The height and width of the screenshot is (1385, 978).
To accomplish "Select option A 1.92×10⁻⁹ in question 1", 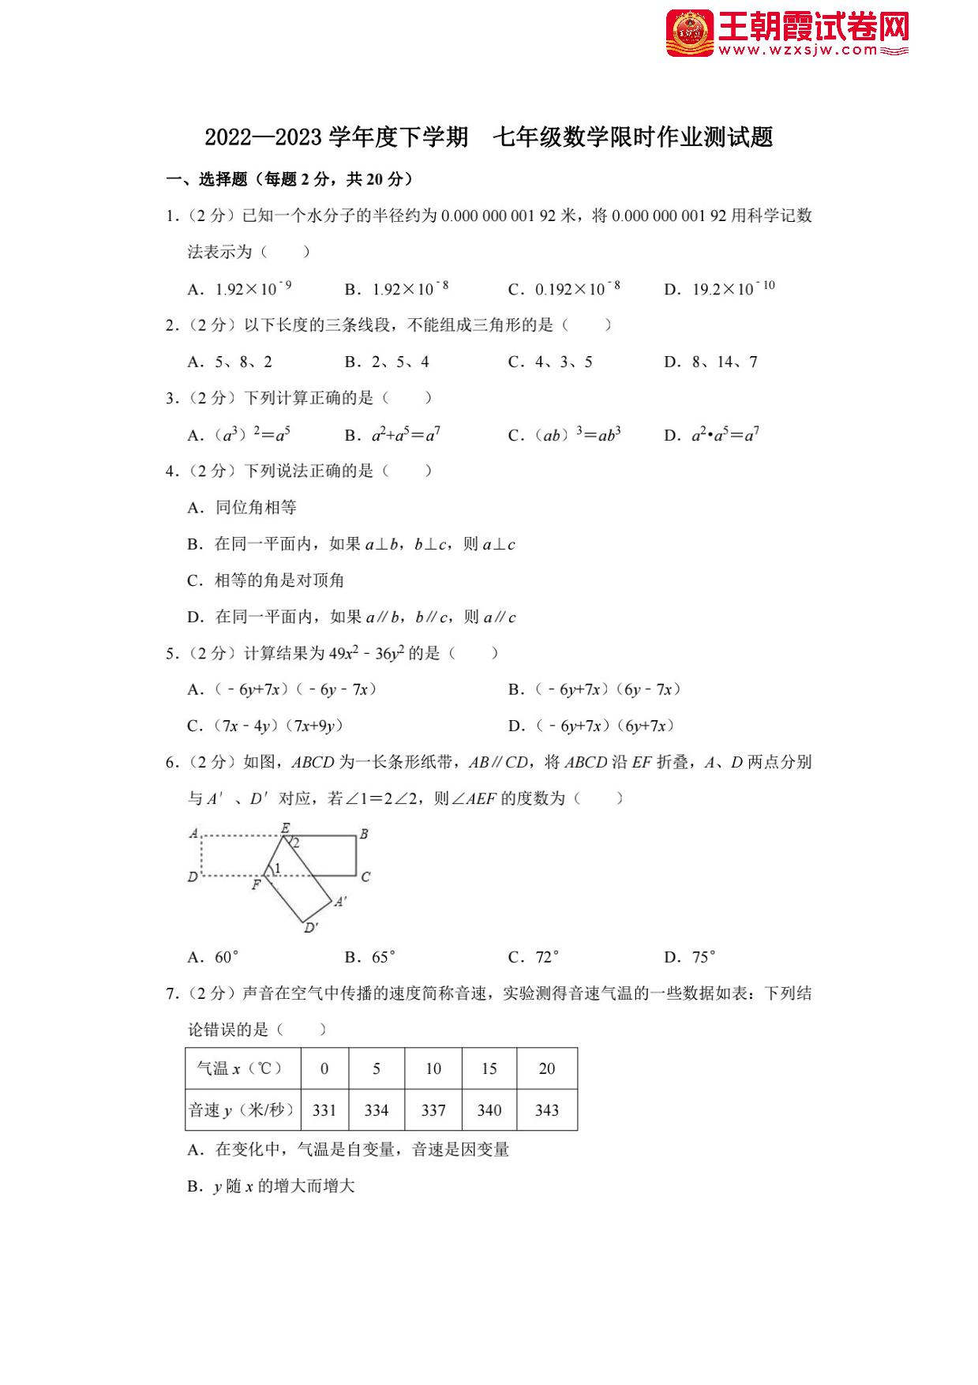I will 240,289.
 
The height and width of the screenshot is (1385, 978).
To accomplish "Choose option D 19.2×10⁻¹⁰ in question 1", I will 719,289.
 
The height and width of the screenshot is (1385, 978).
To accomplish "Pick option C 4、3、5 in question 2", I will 550,362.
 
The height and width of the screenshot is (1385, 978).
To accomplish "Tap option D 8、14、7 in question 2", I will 710,362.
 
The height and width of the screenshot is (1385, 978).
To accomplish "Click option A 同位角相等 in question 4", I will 242,508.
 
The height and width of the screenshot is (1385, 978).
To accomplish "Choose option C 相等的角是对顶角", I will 265,580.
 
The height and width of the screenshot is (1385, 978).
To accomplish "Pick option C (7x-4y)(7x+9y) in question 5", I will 265,726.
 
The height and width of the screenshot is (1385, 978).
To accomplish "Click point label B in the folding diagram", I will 364,834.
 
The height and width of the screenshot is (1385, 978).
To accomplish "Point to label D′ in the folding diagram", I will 311,928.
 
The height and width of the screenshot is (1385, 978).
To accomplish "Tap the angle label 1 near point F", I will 277,869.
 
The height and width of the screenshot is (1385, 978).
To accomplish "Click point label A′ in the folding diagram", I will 340,901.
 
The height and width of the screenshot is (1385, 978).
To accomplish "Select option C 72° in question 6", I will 534,957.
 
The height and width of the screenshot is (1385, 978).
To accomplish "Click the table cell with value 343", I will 546,1110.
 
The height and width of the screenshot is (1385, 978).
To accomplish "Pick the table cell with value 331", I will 324,1110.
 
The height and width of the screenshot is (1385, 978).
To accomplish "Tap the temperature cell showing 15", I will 489,1068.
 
